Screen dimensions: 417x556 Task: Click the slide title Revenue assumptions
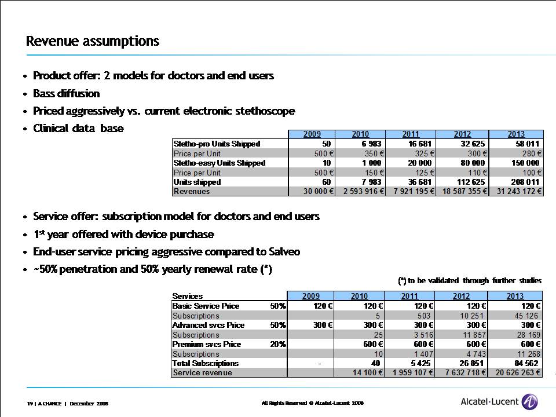[x=93, y=41]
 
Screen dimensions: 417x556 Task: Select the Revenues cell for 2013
[x=516, y=191]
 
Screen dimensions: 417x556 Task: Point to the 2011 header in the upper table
[x=411, y=134]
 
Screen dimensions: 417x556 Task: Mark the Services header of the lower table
[x=188, y=296]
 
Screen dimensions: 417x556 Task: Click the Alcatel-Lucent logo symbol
[x=530, y=401]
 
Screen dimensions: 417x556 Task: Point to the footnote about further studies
[x=470, y=280]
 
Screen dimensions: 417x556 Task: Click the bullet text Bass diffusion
[x=67, y=93]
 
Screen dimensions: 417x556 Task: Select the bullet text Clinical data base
[x=78, y=129]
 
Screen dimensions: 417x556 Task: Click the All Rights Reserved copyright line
[x=312, y=402]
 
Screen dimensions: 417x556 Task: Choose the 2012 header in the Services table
[x=463, y=296]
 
